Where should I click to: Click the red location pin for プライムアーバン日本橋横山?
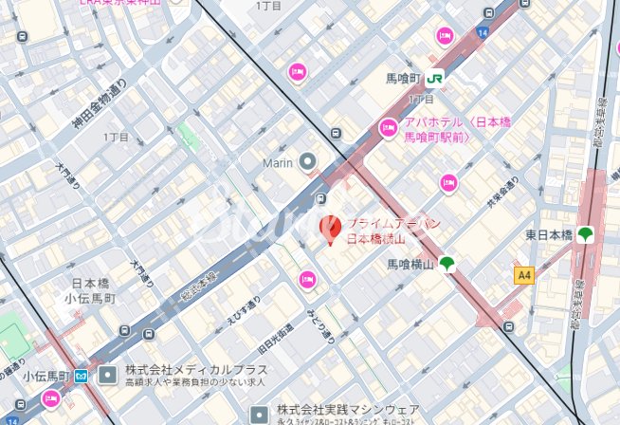(x=330, y=229)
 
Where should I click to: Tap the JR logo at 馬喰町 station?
(x=435, y=79)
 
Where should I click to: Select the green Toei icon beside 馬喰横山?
(x=447, y=265)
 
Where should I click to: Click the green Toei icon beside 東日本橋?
(x=586, y=234)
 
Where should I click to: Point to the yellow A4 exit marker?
(x=522, y=274)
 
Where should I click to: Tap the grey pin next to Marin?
(x=307, y=162)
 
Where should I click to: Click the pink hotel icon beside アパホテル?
(x=388, y=127)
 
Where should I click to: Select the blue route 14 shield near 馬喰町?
(x=482, y=33)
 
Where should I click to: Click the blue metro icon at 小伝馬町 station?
(x=82, y=376)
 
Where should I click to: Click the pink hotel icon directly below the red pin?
(x=306, y=279)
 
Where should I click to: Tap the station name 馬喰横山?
(x=410, y=266)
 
